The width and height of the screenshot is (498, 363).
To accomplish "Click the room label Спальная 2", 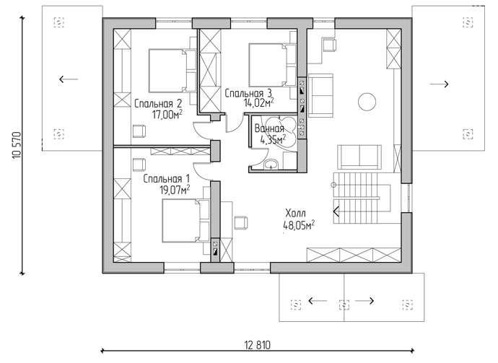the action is point(158,104).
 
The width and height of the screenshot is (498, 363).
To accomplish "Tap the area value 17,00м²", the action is point(167,114).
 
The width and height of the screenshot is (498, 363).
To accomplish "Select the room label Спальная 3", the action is point(249,93).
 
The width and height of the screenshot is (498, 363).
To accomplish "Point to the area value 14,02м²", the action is point(258,102).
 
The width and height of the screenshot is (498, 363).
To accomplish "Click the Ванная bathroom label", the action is point(269,129).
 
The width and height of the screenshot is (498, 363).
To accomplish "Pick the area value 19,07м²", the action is point(175,190).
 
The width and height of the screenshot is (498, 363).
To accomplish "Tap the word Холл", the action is point(295,213).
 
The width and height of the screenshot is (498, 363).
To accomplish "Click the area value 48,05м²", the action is point(299,225).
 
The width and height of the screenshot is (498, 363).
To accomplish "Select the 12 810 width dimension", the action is point(258,345).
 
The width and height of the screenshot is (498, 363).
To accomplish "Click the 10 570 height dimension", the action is point(17,145).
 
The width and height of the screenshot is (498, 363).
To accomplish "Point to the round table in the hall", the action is point(367,102).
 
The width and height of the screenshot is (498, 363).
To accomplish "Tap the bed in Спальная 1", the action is point(181,221).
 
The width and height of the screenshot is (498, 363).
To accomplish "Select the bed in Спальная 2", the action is point(168,70).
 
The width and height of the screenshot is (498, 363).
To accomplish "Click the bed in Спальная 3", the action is point(268,65).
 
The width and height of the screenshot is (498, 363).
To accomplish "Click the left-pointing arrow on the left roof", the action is point(69,79).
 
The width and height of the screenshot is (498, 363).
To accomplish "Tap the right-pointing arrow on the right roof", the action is point(440,84).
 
